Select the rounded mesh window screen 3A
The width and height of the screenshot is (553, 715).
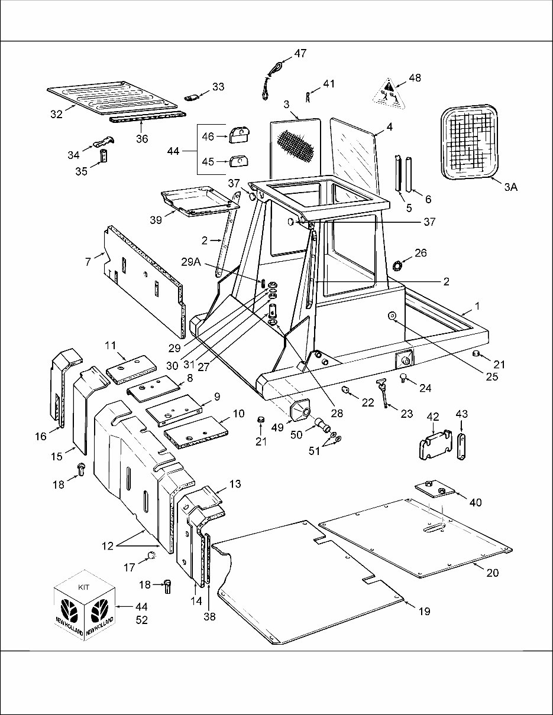(471, 142)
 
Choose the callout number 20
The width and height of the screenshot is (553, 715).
(492, 573)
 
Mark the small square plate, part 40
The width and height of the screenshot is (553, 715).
(434, 490)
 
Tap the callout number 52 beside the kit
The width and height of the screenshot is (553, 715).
(141, 620)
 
